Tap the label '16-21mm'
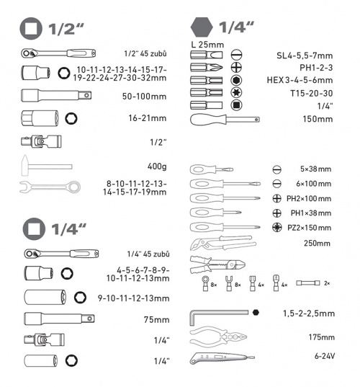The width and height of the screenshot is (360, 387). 147,118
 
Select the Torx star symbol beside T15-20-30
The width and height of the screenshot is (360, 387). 236,92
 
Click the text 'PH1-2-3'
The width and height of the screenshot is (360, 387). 316,68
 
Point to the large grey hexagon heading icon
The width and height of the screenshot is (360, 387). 202,27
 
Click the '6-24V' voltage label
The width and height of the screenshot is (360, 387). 325,356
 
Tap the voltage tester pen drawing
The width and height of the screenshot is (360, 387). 222,358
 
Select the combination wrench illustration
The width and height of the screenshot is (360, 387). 50,187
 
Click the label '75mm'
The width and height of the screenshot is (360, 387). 156,320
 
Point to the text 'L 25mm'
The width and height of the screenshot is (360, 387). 207,45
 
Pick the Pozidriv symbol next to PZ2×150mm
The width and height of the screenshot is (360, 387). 277,227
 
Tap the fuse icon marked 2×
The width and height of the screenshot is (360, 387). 307,283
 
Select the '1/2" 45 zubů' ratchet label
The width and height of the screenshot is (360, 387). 145,53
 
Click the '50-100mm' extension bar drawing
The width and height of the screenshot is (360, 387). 56,95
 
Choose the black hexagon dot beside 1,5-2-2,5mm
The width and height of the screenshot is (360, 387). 256,312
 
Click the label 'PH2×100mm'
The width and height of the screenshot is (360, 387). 309,198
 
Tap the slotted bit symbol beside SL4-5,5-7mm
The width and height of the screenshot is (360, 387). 236,55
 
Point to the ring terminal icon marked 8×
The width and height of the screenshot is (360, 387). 205,283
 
